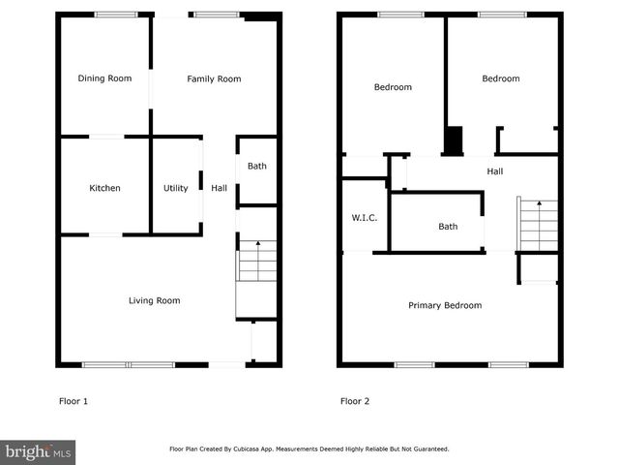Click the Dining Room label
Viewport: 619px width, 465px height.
point(104,78)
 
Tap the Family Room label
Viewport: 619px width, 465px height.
point(214,78)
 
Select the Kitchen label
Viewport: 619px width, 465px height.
point(104,188)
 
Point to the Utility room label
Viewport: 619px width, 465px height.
point(175,188)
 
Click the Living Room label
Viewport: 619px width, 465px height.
point(155,300)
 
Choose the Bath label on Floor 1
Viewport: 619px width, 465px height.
point(256,166)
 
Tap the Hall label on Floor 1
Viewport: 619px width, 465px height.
point(220,188)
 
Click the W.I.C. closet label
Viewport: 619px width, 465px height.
point(364,217)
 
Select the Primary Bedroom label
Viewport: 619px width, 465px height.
point(445,305)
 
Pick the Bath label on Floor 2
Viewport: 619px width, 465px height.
point(448,227)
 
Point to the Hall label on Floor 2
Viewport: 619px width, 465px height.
point(494,171)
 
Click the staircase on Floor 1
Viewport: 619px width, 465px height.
point(257,262)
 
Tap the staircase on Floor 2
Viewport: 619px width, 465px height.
point(538,224)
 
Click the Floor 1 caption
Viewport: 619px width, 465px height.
point(74,400)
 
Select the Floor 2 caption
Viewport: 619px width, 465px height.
point(354,400)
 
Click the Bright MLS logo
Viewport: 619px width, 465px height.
point(39,451)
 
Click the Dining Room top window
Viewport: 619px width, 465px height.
point(115,14)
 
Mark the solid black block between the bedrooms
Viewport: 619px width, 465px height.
point(453,140)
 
